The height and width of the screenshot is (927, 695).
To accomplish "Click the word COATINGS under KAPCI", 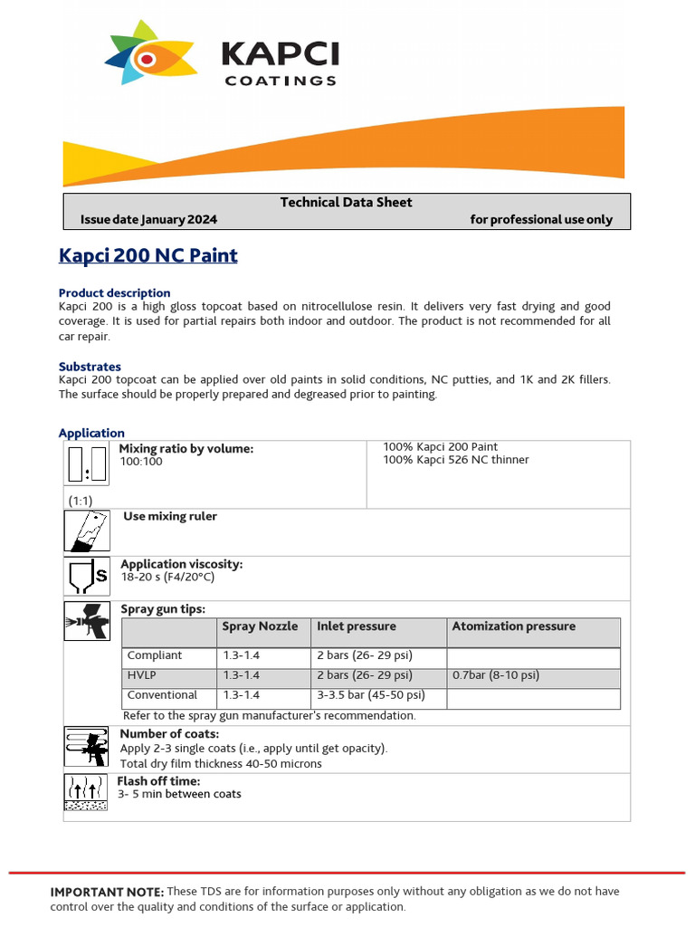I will [x=280, y=81].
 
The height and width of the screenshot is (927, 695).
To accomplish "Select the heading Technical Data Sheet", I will [x=346, y=202].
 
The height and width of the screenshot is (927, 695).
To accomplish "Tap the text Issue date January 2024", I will [x=148, y=219].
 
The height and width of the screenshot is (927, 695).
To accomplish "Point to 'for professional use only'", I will [x=541, y=219].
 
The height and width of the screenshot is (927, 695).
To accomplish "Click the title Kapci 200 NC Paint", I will [x=148, y=255].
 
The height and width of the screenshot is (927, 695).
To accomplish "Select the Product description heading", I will [x=114, y=292].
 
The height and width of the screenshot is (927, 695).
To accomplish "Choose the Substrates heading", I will [x=90, y=367].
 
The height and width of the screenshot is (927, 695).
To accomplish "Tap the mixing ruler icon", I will [x=87, y=530].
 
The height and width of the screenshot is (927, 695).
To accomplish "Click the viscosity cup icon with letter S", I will [x=87, y=576].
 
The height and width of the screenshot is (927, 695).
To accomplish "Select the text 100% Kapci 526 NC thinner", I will [x=456, y=460].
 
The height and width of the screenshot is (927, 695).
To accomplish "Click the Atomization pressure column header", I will [x=513, y=626].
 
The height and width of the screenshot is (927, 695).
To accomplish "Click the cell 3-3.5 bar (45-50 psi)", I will [x=370, y=695].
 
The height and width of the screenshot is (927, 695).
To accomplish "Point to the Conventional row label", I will [x=162, y=695].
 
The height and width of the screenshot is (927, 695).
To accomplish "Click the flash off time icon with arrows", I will [x=87, y=792].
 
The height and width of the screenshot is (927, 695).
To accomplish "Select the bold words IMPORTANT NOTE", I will [x=107, y=892].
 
